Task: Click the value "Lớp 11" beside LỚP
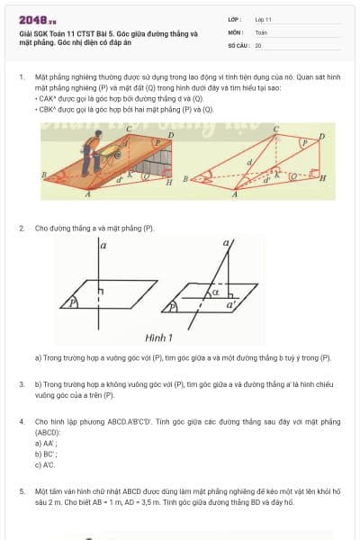pyautogui.click(x=264, y=19)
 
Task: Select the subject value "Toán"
pyautogui.click(x=261, y=31)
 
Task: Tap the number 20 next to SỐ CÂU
pyautogui.click(x=258, y=44)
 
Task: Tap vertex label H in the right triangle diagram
pyautogui.click(x=323, y=179)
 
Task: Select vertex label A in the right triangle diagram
pyautogui.click(x=234, y=195)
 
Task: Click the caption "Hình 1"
pyautogui.click(x=158, y=338)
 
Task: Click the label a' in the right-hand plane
pyautogui.click(x=231, y=305)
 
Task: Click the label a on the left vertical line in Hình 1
pyautogui.click(x=103, y=245)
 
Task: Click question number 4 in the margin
pyautogui.click(x=21, y=421)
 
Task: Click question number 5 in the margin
pyautogui.click(x=21, y=491)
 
